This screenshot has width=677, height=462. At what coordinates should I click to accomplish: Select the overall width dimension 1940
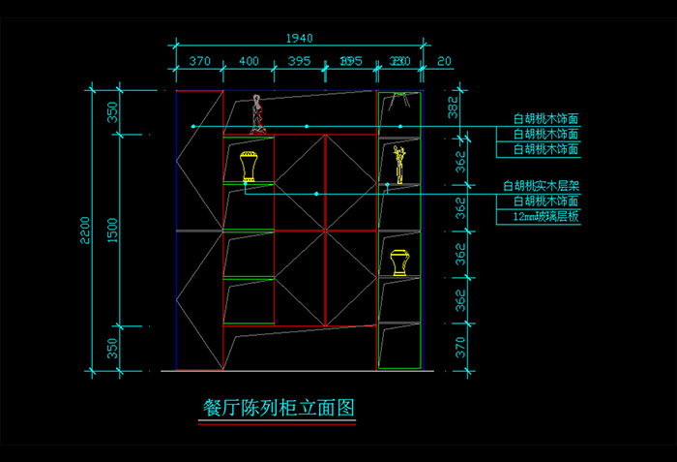(300, 38)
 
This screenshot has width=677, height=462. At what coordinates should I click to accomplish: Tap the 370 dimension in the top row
(199, 61)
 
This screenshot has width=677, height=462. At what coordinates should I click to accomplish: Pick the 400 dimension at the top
(249, 61)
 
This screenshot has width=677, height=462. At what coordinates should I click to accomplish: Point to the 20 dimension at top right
(444, 61)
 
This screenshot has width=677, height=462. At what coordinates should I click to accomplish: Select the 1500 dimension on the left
(112, 230)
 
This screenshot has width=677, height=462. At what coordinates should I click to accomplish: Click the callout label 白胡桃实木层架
(541, 185)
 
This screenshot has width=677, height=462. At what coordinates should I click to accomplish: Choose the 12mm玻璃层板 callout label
(545, 217)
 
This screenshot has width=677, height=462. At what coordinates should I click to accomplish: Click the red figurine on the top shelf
(257, 114)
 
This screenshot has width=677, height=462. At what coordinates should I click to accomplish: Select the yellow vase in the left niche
(249, 167)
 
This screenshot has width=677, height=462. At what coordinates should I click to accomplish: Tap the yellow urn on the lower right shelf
(398, 262)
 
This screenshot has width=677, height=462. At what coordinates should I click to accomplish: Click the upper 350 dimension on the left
(112, 112)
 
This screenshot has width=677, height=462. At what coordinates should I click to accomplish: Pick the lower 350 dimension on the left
(112, 348)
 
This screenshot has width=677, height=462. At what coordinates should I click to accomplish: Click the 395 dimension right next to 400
(299, 61)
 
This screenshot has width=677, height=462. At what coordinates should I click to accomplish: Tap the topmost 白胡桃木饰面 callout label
(546, 119)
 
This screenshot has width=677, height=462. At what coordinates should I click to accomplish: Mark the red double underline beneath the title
(277, 423)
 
